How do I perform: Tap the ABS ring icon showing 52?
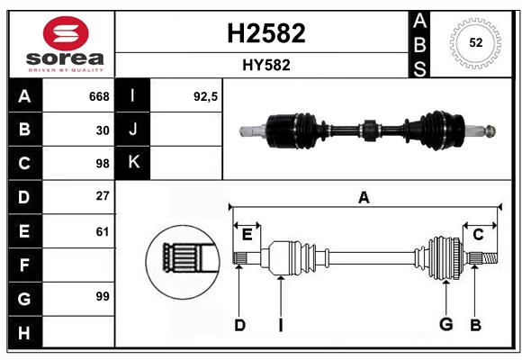[473, 42]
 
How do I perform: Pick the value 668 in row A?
[99, 96]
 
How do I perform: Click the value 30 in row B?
[103, 130]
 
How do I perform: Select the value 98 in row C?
[102, 164]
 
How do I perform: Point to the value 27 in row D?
[103, 196]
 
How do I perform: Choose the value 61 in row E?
[103, 231]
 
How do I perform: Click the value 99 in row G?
[102, 296]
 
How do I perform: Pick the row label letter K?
[133, 163]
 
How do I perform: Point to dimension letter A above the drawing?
[364, 197]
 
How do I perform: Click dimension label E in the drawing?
[247, 235]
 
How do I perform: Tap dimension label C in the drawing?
[478, 235]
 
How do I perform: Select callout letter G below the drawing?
[445, 325]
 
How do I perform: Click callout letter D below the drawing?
[239, 325]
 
